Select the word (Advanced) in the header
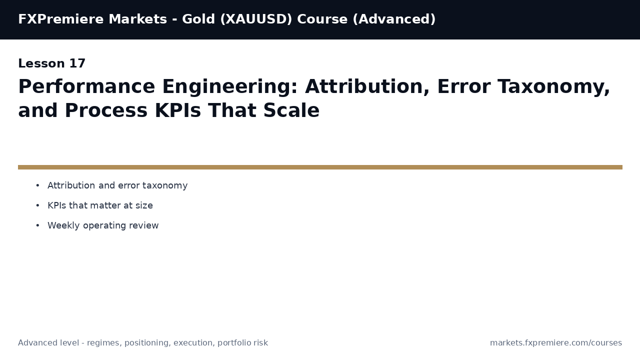click(x=394, y=19)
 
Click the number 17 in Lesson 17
click(x=77, y=64)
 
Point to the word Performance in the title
click(x=86, y=87)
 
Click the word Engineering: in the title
click(x=230, y=87)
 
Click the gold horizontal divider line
click(x=320, y=167)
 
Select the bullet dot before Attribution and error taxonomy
click(x=37, y=186)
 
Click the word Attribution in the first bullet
click(x=71, y=186)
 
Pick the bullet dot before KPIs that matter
click(x=37, y=206)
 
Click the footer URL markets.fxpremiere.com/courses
click(x=555, y=343)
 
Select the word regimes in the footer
click(x=104, y=343)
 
